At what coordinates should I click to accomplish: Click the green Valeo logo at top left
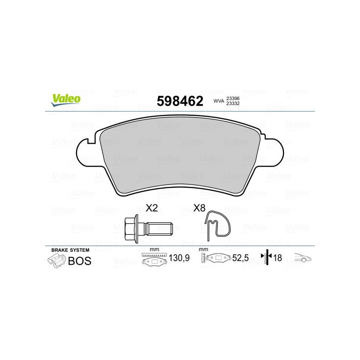pyautogui.click(x=66, y=100)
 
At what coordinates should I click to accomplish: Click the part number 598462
pyautogui.click(x=180, y=101)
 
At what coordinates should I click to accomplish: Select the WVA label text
pyautogui.click(x=219, y=101)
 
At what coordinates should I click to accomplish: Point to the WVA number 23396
pyautogui.click(x=233, y=98)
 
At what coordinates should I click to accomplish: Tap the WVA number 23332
pyautogui.click(x=233, y=103)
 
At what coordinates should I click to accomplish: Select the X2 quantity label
pyautogui.click(x=152, y=208)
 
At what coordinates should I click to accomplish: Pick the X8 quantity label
pyautogui.click(x=199, y=208)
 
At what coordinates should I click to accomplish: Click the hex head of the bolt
pyautogui.click(x=131, y=229)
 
